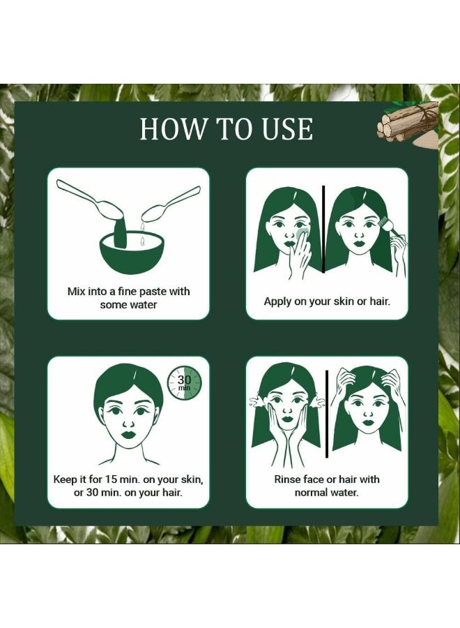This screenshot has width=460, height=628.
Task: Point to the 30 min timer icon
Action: pos(184,383)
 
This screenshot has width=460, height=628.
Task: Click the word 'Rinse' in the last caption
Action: pos(288,479)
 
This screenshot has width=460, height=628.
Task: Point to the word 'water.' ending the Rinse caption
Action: pos(344,493)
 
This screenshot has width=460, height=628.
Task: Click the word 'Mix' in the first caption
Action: pos(77,291)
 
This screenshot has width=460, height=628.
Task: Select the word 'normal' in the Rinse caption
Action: pos(312,493)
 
